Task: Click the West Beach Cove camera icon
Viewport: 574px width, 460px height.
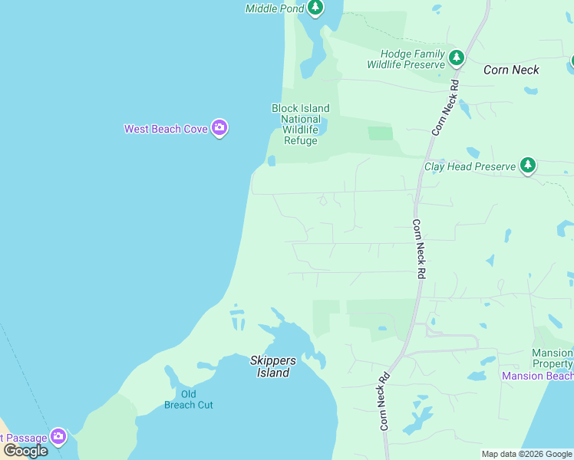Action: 219,128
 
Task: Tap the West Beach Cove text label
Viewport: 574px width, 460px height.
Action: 166,129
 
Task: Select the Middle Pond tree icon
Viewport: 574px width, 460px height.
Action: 315,8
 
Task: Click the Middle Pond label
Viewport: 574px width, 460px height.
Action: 274,8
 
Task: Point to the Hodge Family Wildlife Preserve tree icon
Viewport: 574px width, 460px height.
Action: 457,58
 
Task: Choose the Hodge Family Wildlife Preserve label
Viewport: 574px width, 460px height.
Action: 413,59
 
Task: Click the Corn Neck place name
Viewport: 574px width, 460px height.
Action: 511,70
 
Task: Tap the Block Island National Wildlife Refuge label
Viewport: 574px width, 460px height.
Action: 300,124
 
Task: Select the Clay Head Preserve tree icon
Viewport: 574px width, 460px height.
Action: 527,165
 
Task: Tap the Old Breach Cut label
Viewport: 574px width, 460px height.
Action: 188,399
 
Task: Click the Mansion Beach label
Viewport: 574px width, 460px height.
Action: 537,376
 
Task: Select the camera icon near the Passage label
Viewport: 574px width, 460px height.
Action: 58,437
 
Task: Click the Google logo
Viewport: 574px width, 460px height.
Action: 25,450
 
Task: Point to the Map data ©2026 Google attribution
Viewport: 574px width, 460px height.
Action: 526,454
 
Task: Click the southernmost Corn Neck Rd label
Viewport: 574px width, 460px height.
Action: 384,401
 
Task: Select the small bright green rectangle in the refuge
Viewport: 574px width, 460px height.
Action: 380,133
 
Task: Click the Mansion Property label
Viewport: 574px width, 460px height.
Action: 552,358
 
